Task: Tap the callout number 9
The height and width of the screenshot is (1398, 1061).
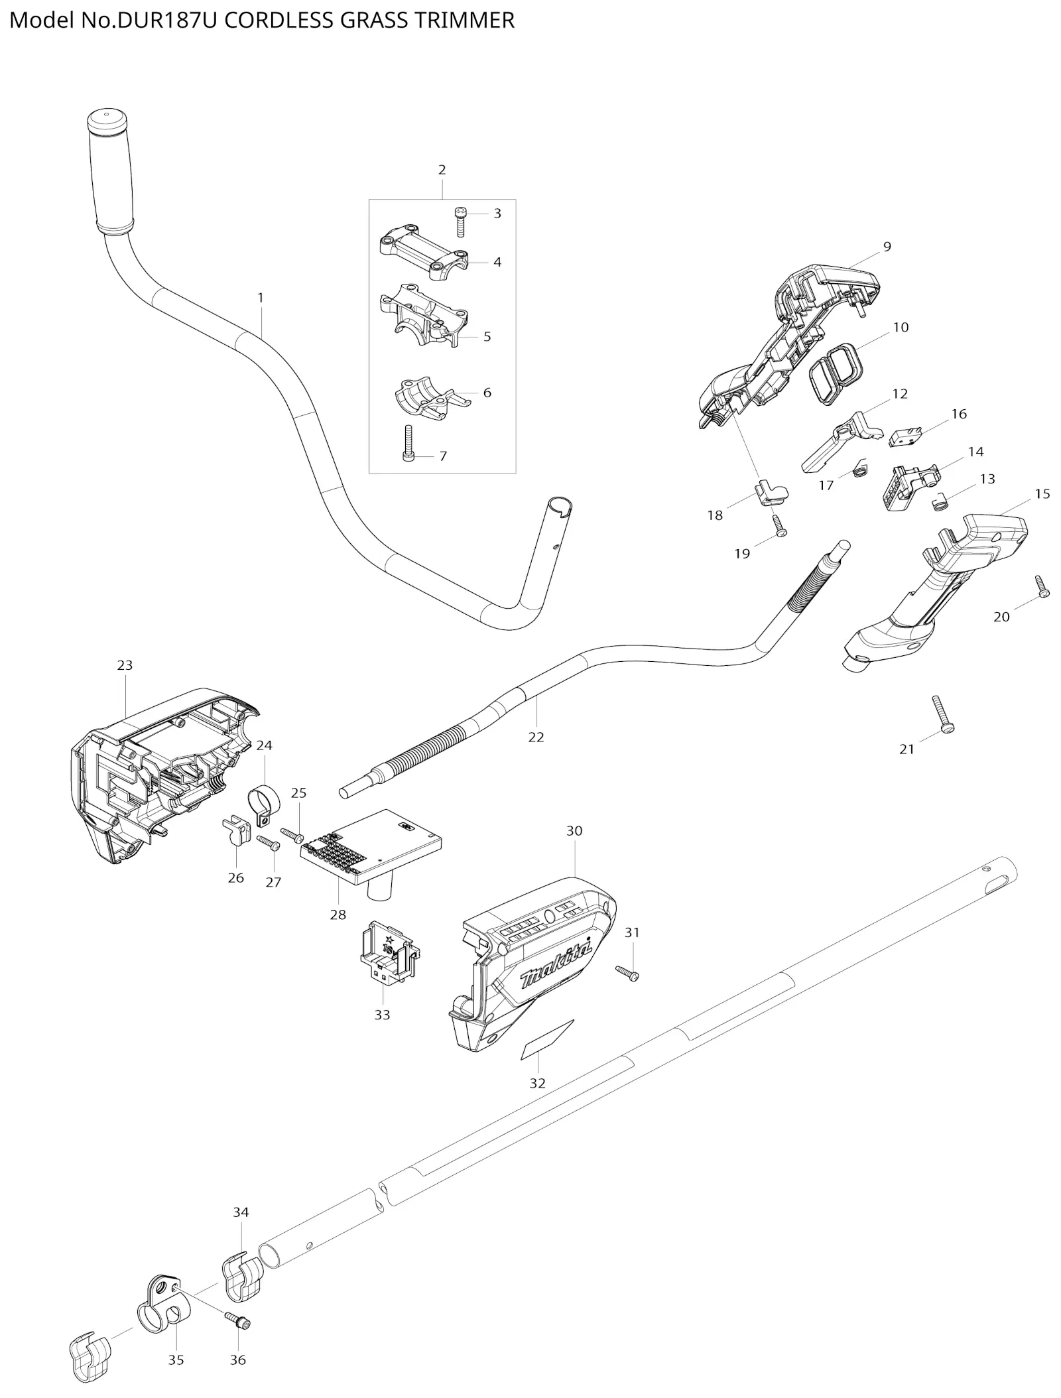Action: [x=887, y=247]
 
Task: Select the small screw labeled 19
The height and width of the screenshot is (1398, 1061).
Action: [x=779, y=527]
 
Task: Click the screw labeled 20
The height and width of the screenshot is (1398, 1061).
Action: [x=1040, y=586]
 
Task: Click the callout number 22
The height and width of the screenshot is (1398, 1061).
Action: [x=535, y=737]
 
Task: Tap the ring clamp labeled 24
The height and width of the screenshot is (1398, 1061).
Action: [x=263, y=803]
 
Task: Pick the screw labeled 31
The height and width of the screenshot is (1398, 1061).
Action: [x=627, y=973]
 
